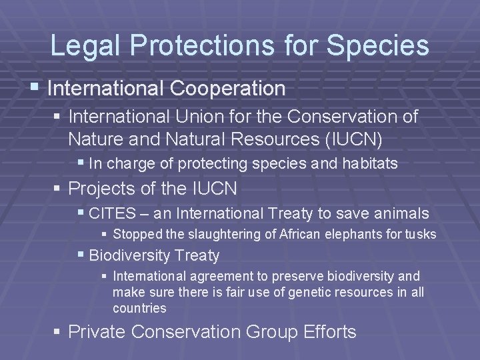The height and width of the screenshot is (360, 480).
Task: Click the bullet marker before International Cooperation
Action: tap(39, 88)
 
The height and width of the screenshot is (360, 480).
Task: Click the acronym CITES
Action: tap(109, 214)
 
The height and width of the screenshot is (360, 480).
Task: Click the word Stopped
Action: tap(134, 235)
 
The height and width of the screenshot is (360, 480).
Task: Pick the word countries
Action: tap(139, 309)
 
